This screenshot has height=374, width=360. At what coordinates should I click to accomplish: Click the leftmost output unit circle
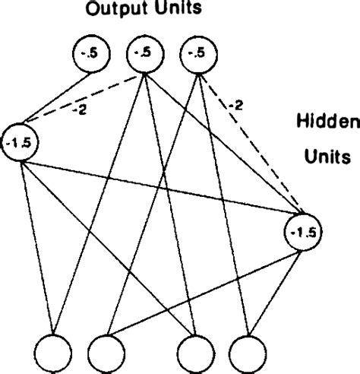[x=93, y=54]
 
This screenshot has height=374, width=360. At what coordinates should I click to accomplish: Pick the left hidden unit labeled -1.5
[x=21, y=141]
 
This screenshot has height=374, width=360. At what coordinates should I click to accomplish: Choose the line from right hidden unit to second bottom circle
[x=205, y=293]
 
